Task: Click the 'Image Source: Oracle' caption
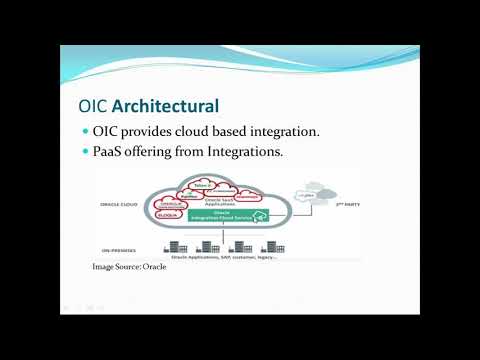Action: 128,267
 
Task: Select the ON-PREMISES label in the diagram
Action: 119,237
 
